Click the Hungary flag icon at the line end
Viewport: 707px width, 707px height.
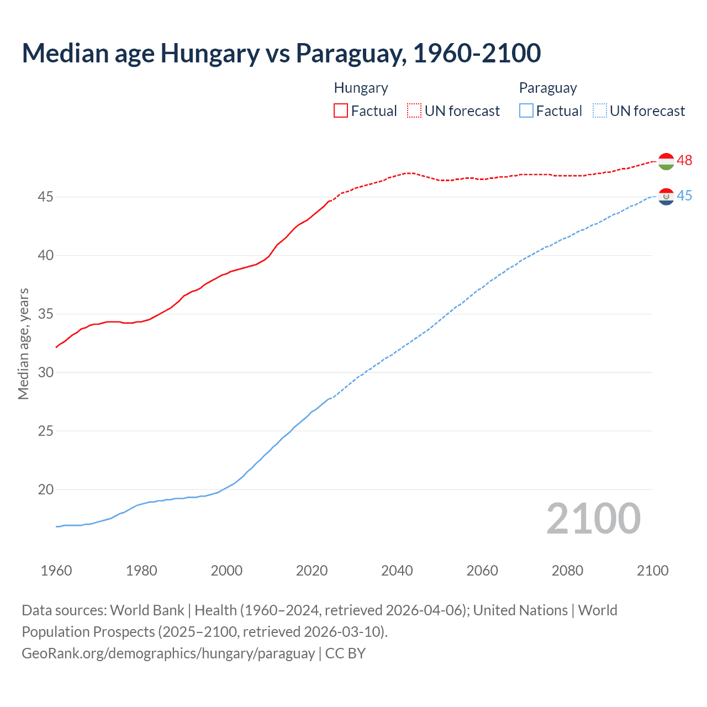tap(667, 161)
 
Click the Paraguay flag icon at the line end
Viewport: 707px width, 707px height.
tap(667, 197)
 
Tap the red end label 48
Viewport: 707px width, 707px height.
tap(685, 161)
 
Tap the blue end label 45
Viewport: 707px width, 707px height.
tap(685, 196)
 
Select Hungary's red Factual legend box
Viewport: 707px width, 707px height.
tap(341, 111)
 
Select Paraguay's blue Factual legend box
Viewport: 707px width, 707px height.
tap(526, 111)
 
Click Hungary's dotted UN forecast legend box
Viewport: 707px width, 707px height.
tap(414, 111)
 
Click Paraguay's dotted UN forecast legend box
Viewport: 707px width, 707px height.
tap(600, 111)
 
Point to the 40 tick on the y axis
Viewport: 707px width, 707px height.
tap(46, 255)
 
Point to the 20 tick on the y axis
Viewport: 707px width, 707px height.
tap(46, 489)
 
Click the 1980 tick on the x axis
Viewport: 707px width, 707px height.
tap(141, 571)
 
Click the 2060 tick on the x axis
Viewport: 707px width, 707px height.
tap(482, 571)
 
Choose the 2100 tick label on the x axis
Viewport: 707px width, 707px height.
tap(652, 571)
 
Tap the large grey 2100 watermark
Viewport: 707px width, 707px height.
tap(593, 519)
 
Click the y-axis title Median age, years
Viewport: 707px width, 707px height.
tap(23, 344)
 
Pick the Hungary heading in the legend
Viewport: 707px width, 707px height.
tap(361, 88)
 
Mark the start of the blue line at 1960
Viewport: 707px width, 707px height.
tap(57, 526)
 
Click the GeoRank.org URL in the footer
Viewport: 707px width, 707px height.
tap(168, 653)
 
